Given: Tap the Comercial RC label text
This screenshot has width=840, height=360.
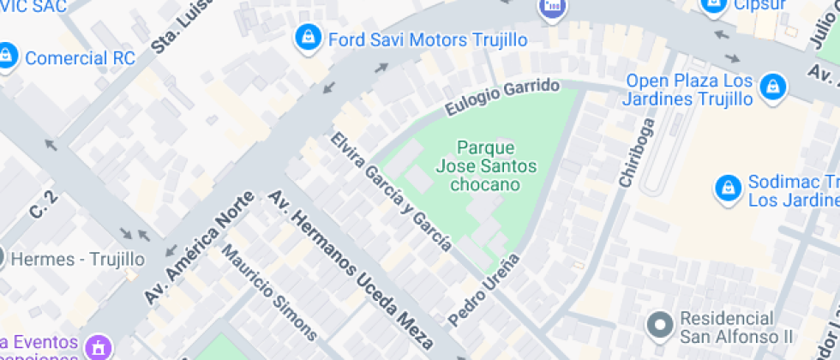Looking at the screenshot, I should [x=80, y=58].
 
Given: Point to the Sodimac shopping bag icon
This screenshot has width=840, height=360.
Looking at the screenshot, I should [x=727, y=189].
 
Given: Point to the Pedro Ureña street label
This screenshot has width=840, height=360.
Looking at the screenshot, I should [x=484, y=290].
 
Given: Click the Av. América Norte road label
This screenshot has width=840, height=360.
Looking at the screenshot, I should [x=199, y=247].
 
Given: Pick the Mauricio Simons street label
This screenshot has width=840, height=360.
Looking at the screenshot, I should [x=269, y=292].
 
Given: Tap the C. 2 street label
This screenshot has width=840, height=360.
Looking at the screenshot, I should [x=43, y=207].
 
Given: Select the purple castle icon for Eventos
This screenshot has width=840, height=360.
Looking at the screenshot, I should [x=98, y=348].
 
